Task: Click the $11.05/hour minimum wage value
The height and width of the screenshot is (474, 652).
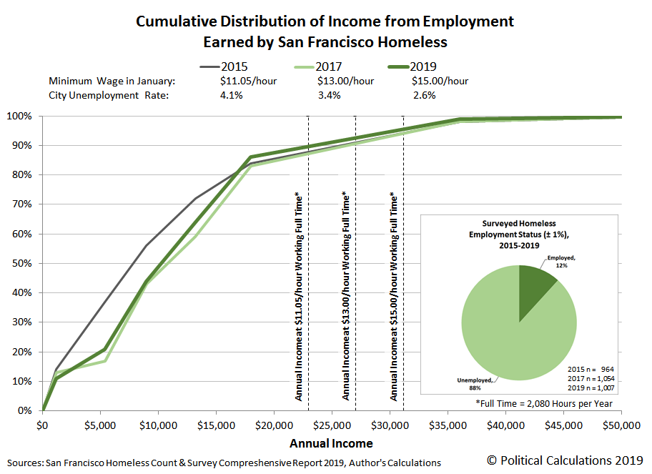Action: pyautogui.click(x=249, y=81)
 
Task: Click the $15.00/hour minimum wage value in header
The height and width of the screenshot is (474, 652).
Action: pyautogui.click(x=440, y=81)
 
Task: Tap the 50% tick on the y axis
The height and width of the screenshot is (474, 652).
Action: pyautogui.click(x=21, y=263)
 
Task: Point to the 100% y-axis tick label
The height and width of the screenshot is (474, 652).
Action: pyautogui.click(x=19, y=116)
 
